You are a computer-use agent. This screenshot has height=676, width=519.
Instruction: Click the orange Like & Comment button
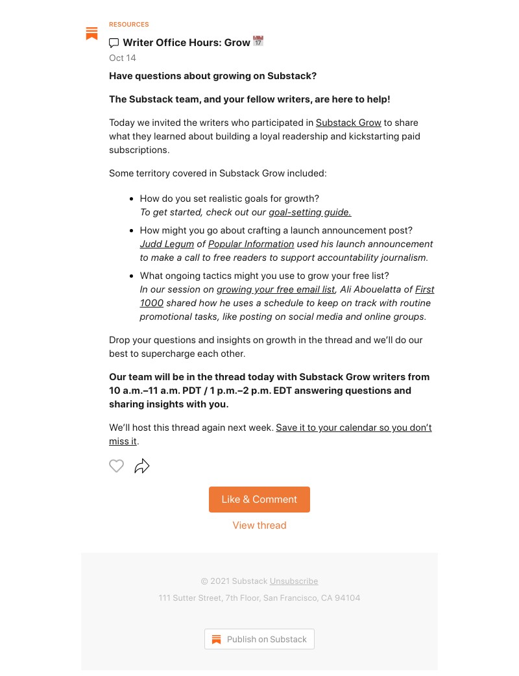(259, 500)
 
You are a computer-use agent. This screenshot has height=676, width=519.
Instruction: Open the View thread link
(259, 525)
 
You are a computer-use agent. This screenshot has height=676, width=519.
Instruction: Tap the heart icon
(116, 466)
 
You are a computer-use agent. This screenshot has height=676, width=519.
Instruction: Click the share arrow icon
(142, 466)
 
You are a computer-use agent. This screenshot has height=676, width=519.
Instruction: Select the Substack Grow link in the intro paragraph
(348, 123)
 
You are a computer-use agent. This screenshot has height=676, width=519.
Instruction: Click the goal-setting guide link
(309, 212)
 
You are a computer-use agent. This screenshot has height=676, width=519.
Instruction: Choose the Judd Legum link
(167, 244)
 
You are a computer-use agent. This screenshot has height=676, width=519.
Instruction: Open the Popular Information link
(251, 244)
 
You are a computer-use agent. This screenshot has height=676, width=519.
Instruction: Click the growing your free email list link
(276, 289)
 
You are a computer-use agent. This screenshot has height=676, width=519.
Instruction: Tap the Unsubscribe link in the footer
(294, 581)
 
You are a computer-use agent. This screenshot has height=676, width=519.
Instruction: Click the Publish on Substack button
(259, 639)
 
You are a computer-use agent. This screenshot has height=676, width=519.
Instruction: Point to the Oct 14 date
(123, 58)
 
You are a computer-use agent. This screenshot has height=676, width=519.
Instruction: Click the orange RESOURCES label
(129, 25)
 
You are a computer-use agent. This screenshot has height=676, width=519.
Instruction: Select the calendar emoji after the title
(258, 42)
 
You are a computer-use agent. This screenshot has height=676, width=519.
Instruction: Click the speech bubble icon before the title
(114, 43)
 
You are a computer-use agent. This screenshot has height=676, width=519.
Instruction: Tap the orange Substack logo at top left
(92, 34)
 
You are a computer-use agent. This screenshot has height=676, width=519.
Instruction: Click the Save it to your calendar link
(354, 428)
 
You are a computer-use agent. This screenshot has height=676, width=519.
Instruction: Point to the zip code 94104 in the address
(347, 598)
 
